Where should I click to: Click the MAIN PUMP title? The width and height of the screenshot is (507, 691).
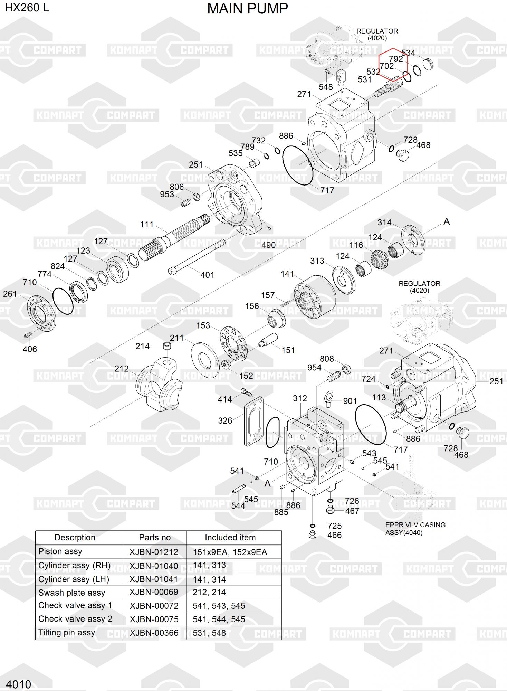(248, 9)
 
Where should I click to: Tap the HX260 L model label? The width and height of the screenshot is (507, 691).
(27, 7)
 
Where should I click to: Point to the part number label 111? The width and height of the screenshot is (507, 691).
(147, 224)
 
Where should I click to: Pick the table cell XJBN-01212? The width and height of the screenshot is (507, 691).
(154, 552)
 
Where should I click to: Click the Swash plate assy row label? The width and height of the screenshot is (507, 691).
(71, 593)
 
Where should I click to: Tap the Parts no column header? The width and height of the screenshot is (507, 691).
(155, 537)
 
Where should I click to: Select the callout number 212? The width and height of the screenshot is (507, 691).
(122, 369)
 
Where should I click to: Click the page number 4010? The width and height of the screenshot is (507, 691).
(19, 684)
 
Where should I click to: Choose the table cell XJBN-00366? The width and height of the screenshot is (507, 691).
(154, 633)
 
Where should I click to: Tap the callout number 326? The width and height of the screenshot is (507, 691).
(225, 420)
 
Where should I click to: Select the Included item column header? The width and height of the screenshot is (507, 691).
(230, 537)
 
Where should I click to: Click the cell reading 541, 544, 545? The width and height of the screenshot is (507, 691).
(219, 619)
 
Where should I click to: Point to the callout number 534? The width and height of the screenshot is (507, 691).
(408, 53)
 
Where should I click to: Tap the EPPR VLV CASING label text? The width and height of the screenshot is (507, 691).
(415, 525)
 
